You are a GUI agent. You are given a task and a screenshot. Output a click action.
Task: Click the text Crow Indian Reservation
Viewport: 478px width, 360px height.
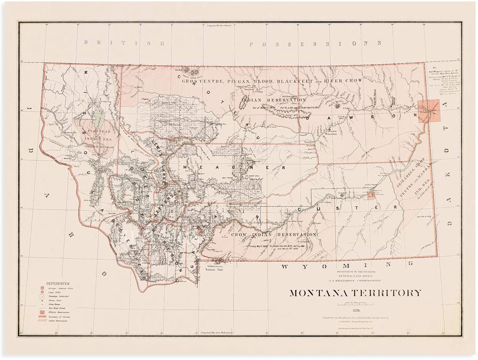[274, 234]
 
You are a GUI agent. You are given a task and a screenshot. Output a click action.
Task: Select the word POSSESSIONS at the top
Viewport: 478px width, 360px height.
[315, 44]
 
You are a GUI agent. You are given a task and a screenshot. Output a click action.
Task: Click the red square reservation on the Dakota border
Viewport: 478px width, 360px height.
[429, 111]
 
